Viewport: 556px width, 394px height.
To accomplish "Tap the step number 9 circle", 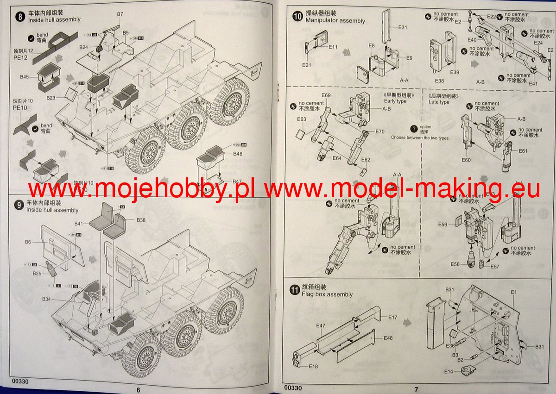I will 19,206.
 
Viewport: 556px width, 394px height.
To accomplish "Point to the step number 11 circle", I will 294,290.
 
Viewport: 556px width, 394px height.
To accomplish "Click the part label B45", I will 25,76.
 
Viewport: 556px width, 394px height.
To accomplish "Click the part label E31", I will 403,27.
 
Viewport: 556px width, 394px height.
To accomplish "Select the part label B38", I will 140,220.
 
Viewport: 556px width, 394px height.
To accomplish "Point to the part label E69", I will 326,96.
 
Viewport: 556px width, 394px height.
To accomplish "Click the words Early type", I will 395,101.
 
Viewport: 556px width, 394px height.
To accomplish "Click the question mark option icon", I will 414,129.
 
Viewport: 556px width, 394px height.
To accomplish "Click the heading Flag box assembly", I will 327,294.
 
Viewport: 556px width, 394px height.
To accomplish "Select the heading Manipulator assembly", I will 335,20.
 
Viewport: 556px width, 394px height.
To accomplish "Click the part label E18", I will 313,366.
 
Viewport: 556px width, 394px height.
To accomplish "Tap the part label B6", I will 28,242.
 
